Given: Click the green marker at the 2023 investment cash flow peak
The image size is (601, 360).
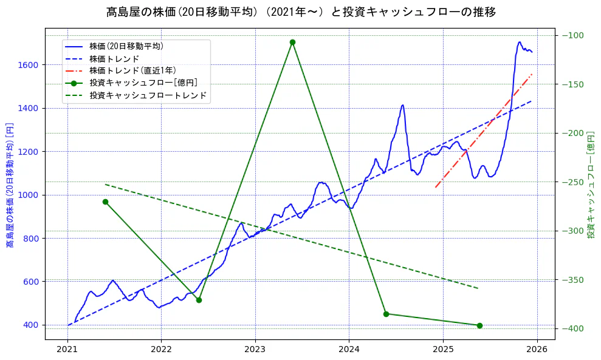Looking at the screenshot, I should point(292,42).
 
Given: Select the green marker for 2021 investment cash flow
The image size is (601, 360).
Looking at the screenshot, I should point(105,202).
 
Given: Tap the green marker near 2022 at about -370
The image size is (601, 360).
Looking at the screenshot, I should point(199,300).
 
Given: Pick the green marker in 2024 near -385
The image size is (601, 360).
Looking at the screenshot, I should point(386,314).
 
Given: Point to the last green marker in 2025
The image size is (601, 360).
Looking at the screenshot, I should point(479,325).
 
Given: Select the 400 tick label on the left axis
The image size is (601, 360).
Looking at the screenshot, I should point(32,325).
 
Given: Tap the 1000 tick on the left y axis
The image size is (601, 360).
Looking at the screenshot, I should point(30,195).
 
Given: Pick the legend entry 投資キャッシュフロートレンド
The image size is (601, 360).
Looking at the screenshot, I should point(148,95).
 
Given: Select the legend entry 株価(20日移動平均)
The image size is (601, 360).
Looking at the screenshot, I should point(126,46).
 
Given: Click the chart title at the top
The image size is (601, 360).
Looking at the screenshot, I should point(300,12).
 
